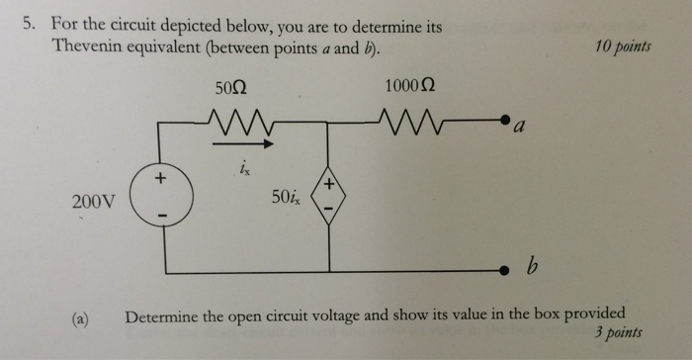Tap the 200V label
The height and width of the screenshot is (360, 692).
point(95,203)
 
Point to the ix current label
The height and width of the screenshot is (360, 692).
point(244,169)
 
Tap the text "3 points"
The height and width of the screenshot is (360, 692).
point(619,333)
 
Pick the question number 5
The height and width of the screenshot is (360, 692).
point(30,28)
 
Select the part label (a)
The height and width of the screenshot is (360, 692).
point(80,317)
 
